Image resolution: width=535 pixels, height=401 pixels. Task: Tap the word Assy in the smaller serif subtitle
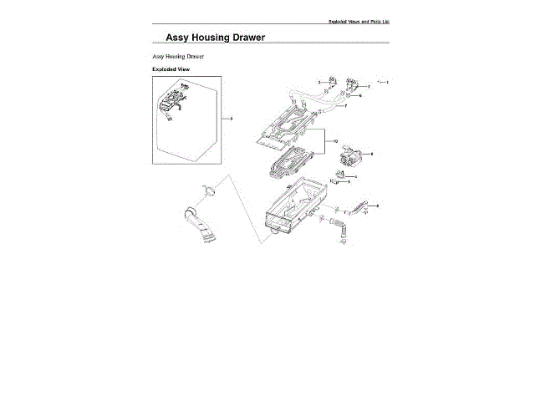click(x=159, y=56)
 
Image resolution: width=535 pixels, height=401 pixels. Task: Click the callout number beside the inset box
click(x=231, y=119)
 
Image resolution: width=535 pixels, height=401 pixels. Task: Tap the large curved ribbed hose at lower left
click(x=197, y=226)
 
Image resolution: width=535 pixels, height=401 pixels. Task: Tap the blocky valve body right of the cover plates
click(x=349, y=156)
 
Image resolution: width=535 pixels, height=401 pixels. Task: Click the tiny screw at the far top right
click(x=379, y=82)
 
